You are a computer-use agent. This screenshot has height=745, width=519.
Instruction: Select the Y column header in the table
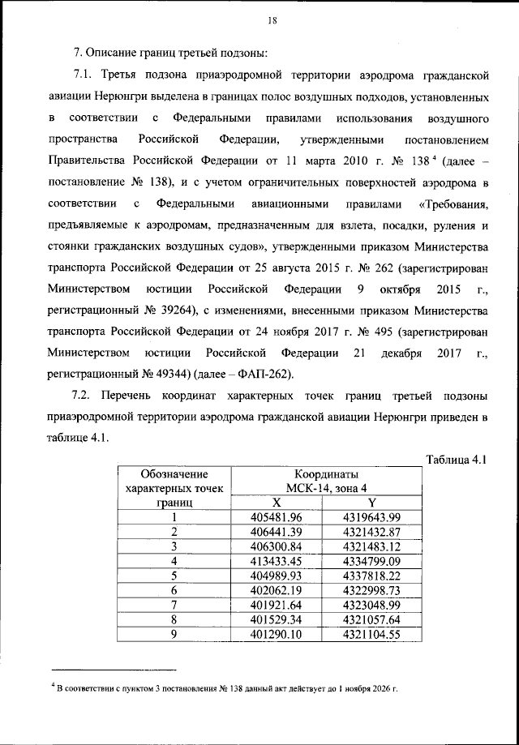pyautogui.click(x=371, y=503)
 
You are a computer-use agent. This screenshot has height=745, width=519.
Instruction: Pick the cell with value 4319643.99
pyautogui.click(x=371, y=517)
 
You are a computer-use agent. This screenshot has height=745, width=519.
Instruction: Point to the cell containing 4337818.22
pyautogui.click(x=371, y=576)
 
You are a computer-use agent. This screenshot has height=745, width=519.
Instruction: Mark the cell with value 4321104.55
pyautogui.click(x=371, y=634)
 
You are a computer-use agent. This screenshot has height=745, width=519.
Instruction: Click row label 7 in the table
pyautogui.click(x=174, y=605)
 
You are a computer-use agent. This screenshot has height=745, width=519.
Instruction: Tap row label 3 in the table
pyautogui.click(x=174, y=546)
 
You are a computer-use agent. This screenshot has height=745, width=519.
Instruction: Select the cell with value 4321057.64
pyautogui.click(x=371, y=619)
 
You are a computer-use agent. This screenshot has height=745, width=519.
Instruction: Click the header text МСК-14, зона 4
pyautogui.click(x=326, y=488)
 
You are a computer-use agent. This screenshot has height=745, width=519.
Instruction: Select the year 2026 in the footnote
pyautogui.click(x=380, y=690)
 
